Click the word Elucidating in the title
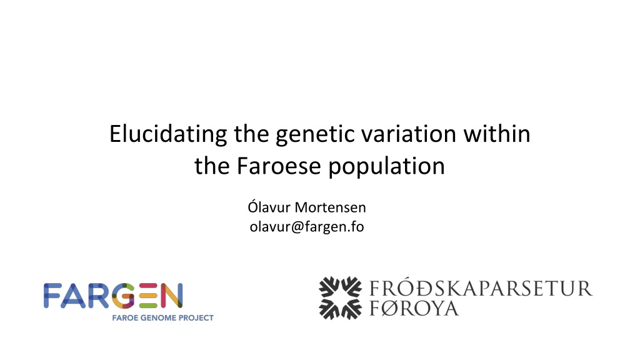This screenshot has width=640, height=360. pyautogui.click(x=168, y=134)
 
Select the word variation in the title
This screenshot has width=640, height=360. pyautogui.click(x=409, y=134)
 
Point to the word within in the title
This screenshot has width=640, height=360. pyautogui.click(x=497, y=134)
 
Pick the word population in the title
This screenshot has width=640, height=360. pyautogui.click(x=386, y=167)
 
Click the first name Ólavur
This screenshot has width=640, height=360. pyautogui.click(x=269, y=206)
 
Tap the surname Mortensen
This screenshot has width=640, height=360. pyautogui.click(x=330, y=207)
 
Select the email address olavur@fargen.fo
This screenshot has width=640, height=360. pyautogui.click(x=306, y=226)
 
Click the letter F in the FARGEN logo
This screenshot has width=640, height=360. pyautogui.click(x=52, y=296)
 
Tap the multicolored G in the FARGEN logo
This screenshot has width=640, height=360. pyautogui.click(x=123, y=296)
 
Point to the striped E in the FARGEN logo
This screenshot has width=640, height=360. pyautogui.click(x=148, y=296)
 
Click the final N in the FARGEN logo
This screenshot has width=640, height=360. pyautogui.click(x=171, y=296)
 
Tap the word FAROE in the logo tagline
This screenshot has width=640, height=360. pyautogui.click(x=124, y=317)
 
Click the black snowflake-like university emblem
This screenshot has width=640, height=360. pyautogui.click(x=340, y=298)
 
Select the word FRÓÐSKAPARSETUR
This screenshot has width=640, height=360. pyautogui.click(x=481, y=288)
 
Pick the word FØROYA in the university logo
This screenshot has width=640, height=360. pyautogui.click(x=414, y=308)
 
